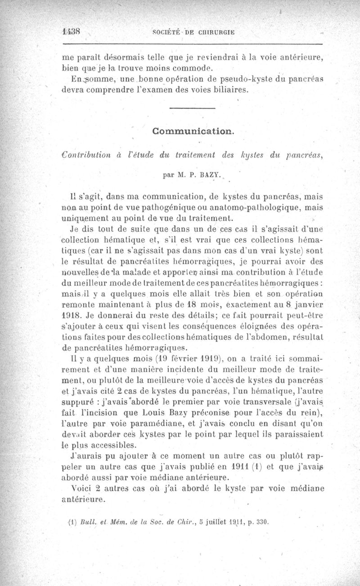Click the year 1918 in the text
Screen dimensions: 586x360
[72, 316]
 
